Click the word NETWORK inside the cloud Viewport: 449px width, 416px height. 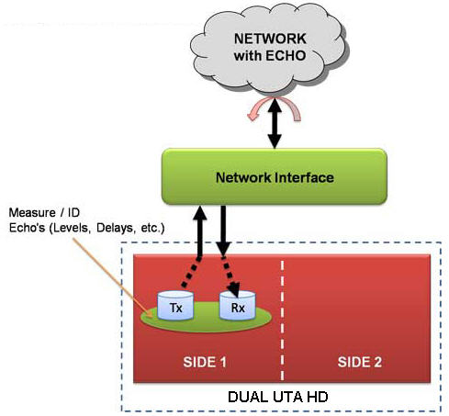270,39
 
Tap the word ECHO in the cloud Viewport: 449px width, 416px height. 286,56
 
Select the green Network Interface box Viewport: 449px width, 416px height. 275,176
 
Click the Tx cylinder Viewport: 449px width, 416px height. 175,306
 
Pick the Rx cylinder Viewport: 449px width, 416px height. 238,306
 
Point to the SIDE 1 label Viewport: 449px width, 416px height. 205,362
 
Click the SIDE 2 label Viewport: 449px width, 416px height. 360,362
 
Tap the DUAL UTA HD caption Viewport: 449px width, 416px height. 278,397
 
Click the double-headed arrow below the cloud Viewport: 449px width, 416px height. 275,123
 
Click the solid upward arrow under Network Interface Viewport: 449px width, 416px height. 200,231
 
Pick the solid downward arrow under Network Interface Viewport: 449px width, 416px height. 223,230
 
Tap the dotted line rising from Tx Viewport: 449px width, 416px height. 191,272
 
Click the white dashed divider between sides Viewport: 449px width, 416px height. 282,320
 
